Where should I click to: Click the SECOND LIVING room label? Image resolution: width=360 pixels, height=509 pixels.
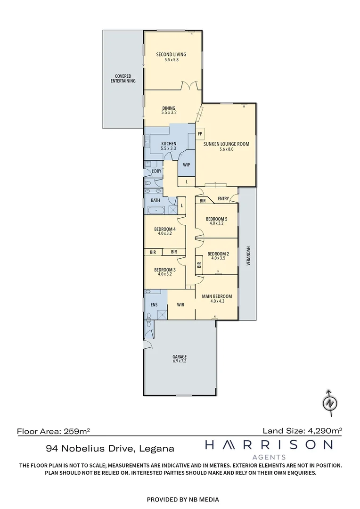coord(171,55)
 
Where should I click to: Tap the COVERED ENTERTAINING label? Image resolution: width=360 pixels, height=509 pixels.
coord(123,79)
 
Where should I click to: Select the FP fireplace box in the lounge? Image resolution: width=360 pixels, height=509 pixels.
coord(200,133)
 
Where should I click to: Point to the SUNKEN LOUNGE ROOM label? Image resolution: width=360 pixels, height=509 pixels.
coord(226,144)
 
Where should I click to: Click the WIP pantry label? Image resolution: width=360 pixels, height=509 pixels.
coord(187,165)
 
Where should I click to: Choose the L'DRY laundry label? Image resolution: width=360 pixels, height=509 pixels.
coord(156,171)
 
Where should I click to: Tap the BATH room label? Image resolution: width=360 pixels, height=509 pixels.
coord(155,200)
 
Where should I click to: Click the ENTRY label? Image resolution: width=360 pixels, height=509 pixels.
coord(223,199)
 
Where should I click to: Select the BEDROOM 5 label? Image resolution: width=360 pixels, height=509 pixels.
coord(217,219)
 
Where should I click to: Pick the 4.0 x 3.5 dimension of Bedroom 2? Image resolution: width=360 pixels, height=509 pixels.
coord(219,258)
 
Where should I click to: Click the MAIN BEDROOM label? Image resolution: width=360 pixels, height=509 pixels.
coord(217,296)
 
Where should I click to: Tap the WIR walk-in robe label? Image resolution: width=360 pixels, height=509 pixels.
coord(180,305)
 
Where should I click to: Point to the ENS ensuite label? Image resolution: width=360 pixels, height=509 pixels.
coord(154,305)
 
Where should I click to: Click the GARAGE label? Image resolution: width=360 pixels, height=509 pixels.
coord(180,357)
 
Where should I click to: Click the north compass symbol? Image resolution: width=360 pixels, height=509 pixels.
coord(331,403)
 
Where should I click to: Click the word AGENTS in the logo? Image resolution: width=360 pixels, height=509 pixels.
coord(270,457)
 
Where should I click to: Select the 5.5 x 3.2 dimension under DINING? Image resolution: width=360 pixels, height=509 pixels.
coord(169,113)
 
